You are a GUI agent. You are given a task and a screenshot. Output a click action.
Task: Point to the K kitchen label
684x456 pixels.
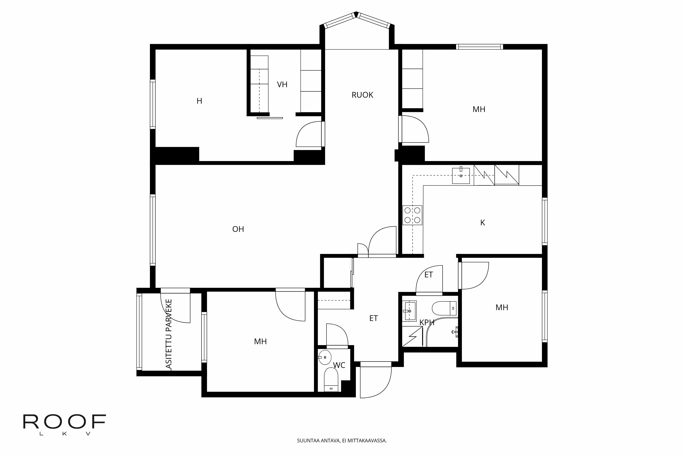(482, 223)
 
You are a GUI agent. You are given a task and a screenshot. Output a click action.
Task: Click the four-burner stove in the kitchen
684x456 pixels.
(412, 215)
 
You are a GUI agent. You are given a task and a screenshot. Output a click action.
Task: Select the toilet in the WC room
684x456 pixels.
(331, 380)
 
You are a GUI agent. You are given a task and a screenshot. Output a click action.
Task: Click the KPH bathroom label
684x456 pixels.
(427, 322)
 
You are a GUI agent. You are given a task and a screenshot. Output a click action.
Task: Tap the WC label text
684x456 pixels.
(339, 365)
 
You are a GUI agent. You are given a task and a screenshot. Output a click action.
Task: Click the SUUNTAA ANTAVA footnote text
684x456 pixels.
(342, 441)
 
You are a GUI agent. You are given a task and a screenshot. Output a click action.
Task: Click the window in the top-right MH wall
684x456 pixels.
(479, 47)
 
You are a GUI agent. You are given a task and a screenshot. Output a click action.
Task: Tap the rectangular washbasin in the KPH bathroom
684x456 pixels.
(409, 311)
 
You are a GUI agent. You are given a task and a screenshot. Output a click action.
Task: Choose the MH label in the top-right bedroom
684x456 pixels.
(479, 109)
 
